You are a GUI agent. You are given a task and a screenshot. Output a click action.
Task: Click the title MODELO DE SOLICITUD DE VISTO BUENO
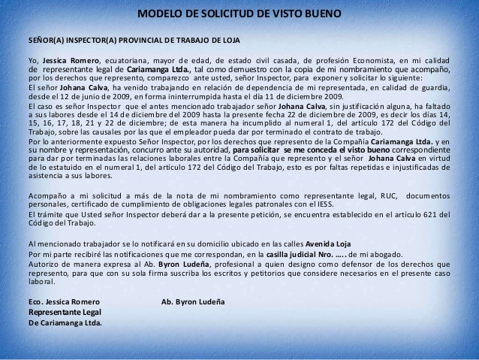pyautogui.click(x=239, y=15)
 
